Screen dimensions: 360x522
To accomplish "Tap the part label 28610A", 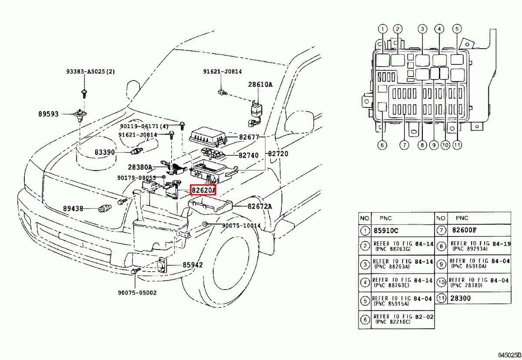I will [x=260, y=85].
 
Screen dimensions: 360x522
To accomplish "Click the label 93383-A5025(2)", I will [x=90, y=72].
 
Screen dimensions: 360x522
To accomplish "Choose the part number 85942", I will [x=192, y=264].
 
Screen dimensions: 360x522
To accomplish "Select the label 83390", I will [x=105, y=152].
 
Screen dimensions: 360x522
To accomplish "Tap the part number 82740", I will [x=248, y=155].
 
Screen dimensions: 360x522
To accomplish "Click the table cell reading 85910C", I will [x=384, y=230].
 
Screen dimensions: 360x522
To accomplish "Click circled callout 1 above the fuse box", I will [x=382, y=30].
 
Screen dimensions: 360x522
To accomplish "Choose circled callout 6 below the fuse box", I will [x=382, y=145].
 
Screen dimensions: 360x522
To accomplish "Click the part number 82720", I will [x=278, y=154].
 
